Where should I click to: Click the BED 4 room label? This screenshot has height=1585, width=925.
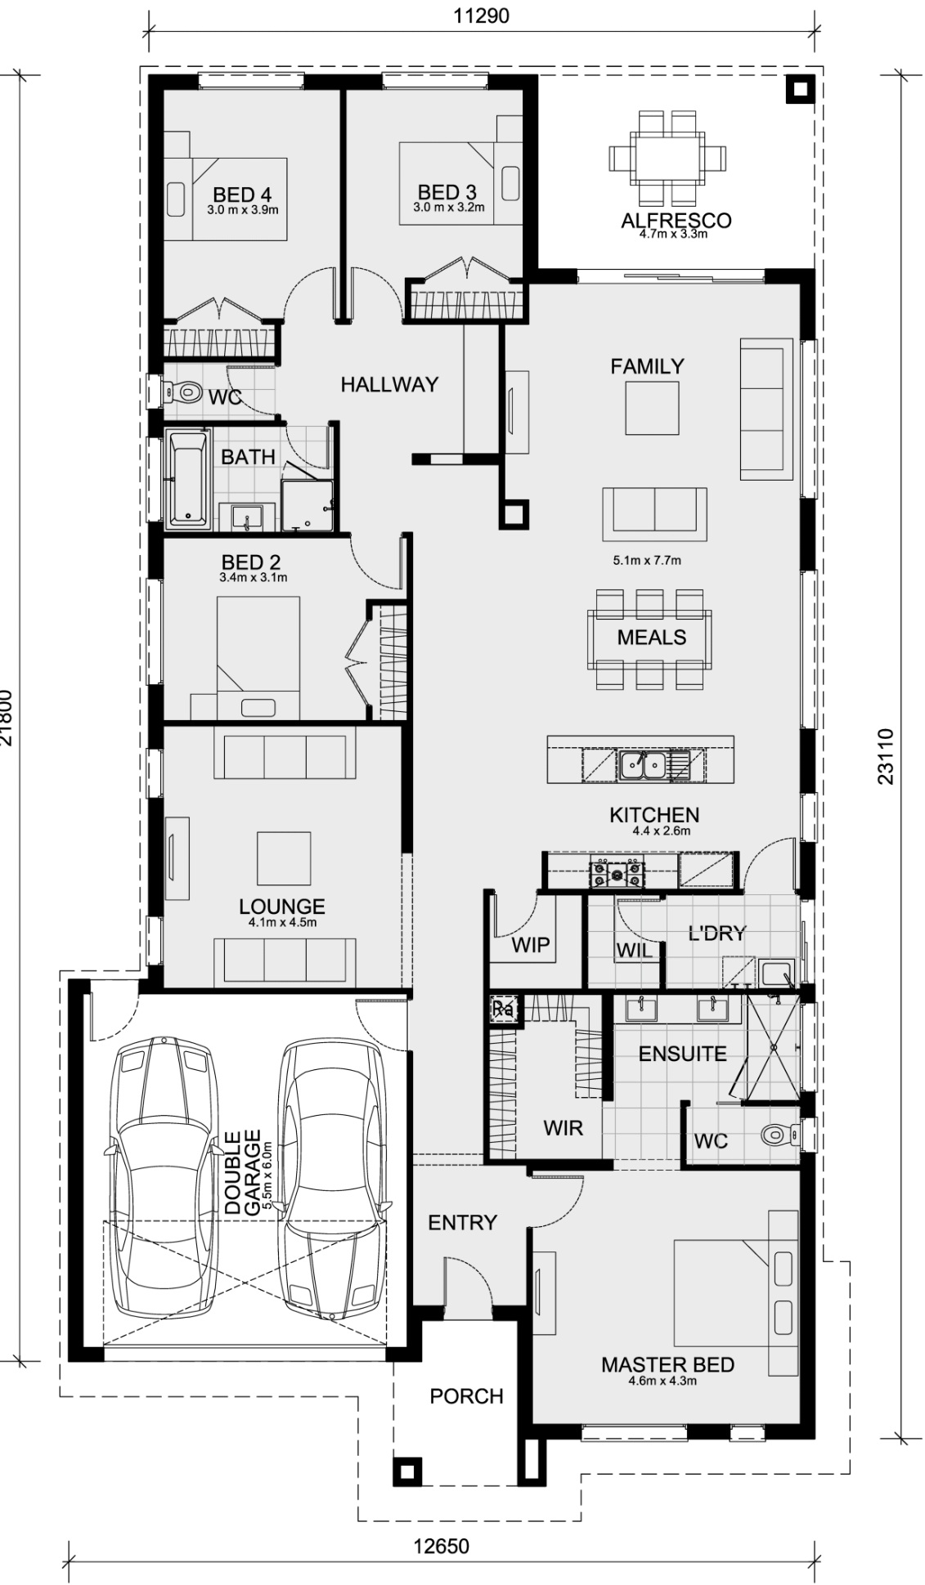click(x=241, y=195)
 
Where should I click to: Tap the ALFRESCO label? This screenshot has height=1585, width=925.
click(x=676, y=220)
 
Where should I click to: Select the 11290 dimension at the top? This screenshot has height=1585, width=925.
click(x=482, y=16)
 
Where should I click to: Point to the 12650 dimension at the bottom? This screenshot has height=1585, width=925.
click(x=441, y=1547)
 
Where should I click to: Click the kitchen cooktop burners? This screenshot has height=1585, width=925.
click(x=617, y=873)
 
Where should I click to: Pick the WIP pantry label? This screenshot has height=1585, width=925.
click(x=531, y=945)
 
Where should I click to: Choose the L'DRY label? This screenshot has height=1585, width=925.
click(x=716, y=934)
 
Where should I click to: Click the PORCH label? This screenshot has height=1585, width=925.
click(x=466, y=1395)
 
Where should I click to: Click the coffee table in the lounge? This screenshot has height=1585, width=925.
click(x=284, y=858)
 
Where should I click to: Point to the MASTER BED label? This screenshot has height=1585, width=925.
click(x=667, y=1364)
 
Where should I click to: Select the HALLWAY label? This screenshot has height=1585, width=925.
click(x=389, y=384)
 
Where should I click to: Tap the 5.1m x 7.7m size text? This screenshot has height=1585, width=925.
click(x=647, y=561)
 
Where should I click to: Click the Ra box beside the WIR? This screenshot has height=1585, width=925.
click(x=503, y=1009)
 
